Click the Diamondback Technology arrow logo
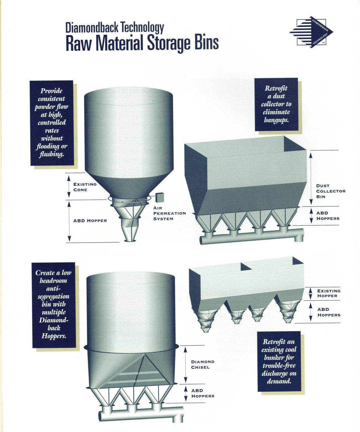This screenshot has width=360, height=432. [x=311, y=32]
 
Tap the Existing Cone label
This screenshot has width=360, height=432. [x=85, y=187]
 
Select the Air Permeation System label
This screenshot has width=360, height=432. [x=169, y=213]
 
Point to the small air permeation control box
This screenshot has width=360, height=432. [x=160, y=197]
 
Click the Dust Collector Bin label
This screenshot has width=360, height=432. [x=331, y=191]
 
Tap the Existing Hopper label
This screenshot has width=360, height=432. [x=329, y=293]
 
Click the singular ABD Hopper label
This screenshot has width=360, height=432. [x=90, y=221]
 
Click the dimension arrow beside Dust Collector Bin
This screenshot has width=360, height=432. [x=311, y=178]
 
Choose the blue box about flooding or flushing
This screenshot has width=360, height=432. [x=52, y=123]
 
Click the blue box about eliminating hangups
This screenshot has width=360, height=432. [x=276, y=104]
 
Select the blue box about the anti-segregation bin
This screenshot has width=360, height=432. [x=54, y=305]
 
